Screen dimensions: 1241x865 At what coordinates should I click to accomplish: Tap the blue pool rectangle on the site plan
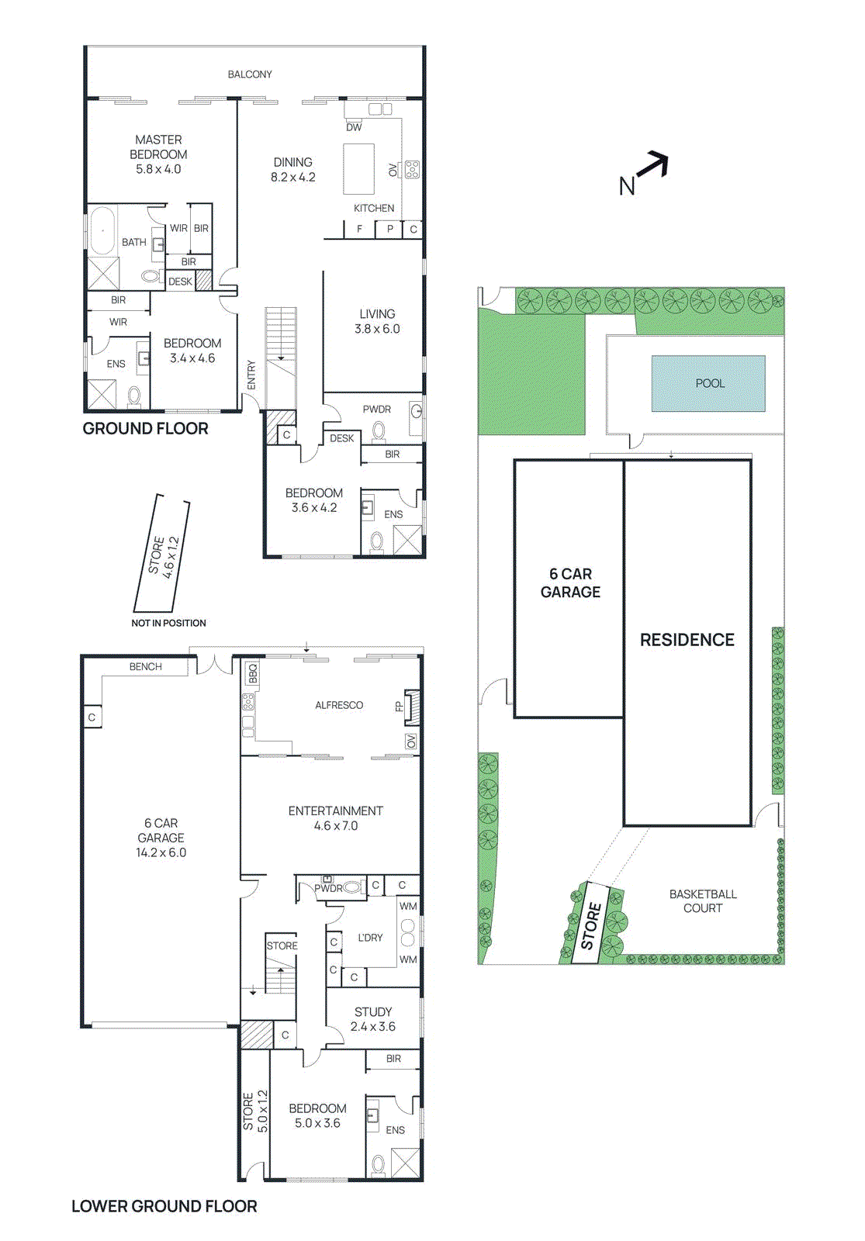tap(708, 383)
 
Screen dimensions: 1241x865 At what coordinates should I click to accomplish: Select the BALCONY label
tap(250, 74)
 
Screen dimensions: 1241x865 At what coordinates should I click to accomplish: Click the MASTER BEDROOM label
tap(158, 154)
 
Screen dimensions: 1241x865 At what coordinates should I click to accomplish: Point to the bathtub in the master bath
tap(102, 230)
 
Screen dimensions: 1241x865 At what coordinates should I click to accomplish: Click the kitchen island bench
tap(358, 168)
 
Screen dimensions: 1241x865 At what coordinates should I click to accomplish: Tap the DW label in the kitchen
tap(354, 127)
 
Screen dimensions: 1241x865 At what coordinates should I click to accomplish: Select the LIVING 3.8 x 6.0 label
tap(377, 321)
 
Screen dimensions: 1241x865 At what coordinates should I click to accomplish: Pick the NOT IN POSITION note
tap(168, 623)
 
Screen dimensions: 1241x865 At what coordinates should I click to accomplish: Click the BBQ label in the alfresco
tap(252, 672)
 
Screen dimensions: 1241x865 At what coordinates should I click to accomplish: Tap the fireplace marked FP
tap(413, 706)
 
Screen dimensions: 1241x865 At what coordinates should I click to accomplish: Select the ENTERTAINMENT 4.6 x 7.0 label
tap(335, 818)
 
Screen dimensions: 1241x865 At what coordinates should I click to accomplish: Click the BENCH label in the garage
tap(145, 666)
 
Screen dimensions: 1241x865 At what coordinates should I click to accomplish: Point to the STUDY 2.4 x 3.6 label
tap(373, 1019)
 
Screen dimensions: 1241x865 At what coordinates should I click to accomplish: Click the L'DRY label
tap(370, 937)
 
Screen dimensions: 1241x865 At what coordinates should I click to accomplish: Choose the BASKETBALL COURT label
tap(703, 901)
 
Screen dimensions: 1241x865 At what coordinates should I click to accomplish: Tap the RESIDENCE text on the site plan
tap(687, 640)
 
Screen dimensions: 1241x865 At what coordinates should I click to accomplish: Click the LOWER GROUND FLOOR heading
tap(164, 1206)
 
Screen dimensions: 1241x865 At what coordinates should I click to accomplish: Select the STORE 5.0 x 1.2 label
tap(255, 1111)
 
